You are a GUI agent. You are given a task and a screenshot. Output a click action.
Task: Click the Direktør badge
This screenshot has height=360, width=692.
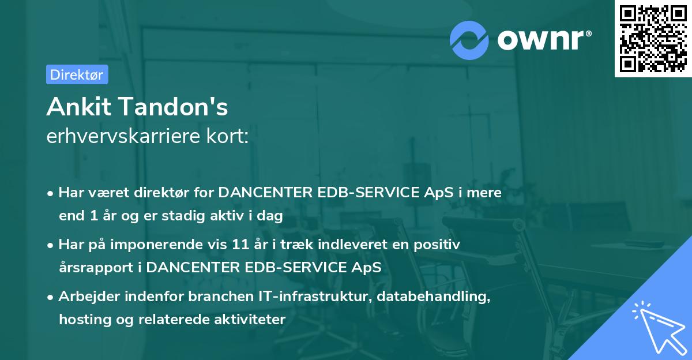pos(77,74)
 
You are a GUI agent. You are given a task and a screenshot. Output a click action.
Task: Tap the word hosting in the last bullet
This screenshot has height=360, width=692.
pos(82,320)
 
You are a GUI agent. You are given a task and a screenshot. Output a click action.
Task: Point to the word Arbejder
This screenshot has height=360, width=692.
pos(85,297)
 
